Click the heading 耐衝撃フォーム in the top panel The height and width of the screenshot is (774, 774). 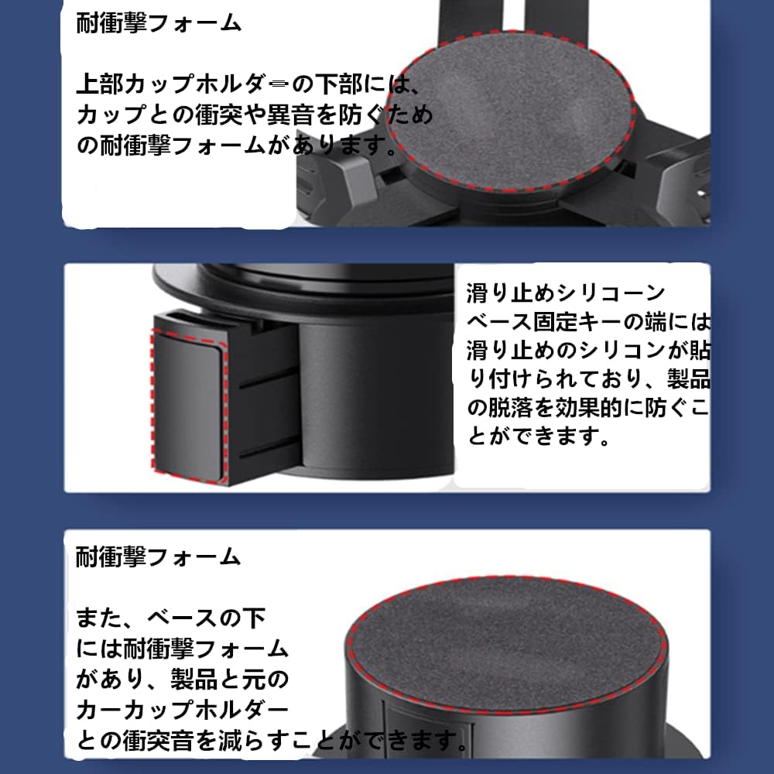[x=159, y=23]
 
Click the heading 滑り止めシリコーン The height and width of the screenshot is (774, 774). [x=566, y=294]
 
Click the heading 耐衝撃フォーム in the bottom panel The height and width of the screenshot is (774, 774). [x=159, y=557]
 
